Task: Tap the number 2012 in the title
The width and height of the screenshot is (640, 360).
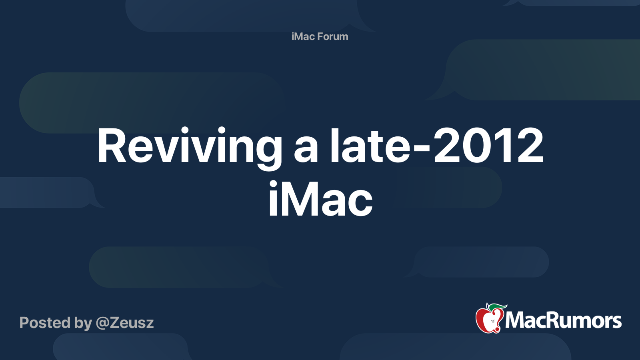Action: [x=488, y=146]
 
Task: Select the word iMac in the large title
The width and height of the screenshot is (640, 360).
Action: [x=320, y=199]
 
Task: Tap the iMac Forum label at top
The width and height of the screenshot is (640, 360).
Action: [x=320, y=36]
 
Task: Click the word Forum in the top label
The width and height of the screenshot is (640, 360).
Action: [x=332, y=36]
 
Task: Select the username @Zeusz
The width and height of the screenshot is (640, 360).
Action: [x=125, y=323]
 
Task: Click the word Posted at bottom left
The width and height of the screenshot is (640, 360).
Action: [x=45, y=323]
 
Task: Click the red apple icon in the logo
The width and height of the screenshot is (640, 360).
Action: [x=488, y=320]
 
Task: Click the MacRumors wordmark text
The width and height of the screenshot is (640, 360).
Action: [x=563, y=321]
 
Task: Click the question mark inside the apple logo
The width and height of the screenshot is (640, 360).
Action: [x=492, y=320]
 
